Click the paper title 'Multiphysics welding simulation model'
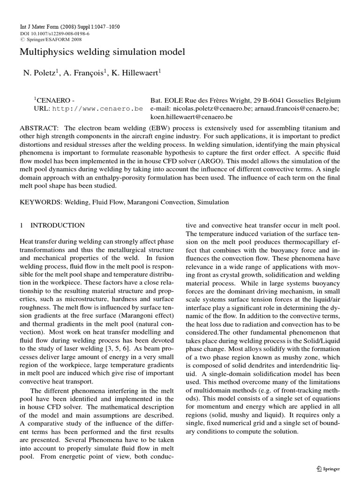click(102, 52)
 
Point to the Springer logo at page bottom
click(328, 468)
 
